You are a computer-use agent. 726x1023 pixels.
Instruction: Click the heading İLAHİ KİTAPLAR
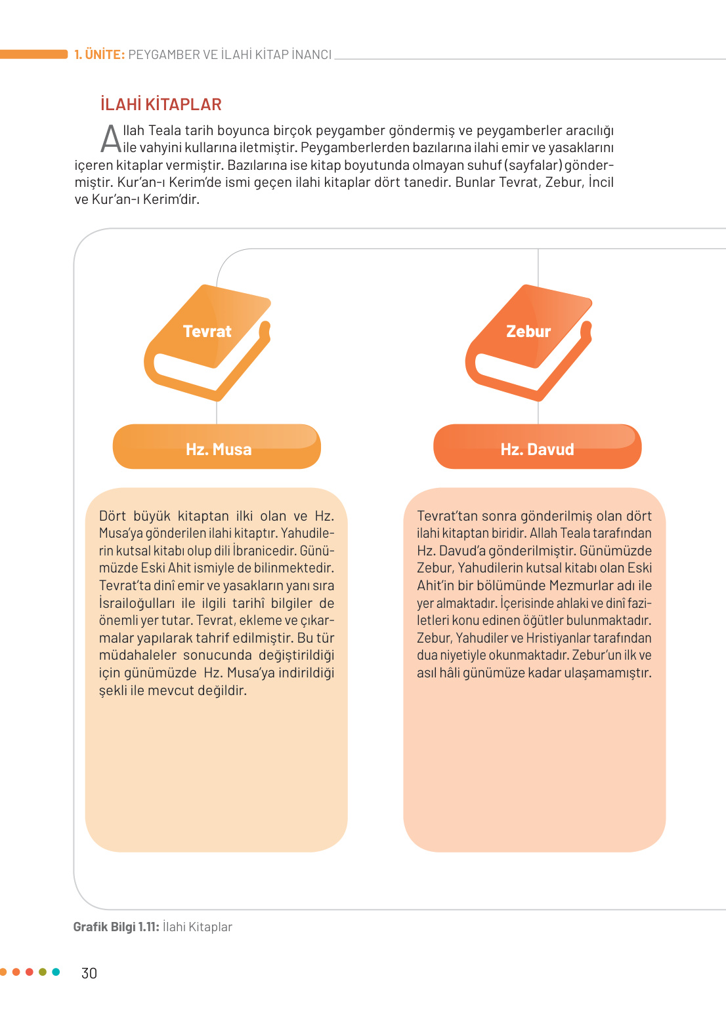click(161, 104)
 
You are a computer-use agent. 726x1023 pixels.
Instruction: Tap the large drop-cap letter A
click(111, 138)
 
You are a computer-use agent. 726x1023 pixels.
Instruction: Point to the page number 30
click(89, 973)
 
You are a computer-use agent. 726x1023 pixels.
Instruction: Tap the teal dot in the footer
click(56, 972)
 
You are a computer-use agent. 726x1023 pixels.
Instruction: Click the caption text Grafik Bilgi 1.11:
click(116, 927)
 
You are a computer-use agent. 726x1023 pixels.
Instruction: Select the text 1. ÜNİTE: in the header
click(99, 54)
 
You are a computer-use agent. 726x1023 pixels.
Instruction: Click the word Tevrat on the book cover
click(207, 331)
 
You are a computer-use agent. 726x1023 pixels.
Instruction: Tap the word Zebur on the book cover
click(528, 331)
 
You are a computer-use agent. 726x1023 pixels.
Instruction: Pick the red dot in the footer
click(30, 972)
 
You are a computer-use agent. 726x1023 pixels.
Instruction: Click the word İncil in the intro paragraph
click(601, 182)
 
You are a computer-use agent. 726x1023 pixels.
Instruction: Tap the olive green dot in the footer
click(43, 972)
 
